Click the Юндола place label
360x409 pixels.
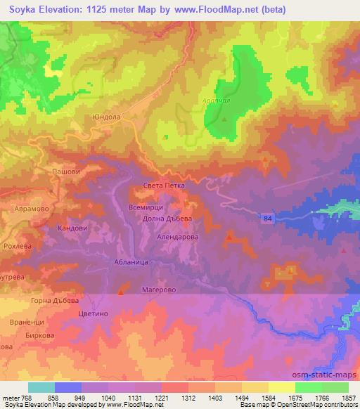[x=106, y=118]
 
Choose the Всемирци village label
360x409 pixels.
[x=146, y=208]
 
